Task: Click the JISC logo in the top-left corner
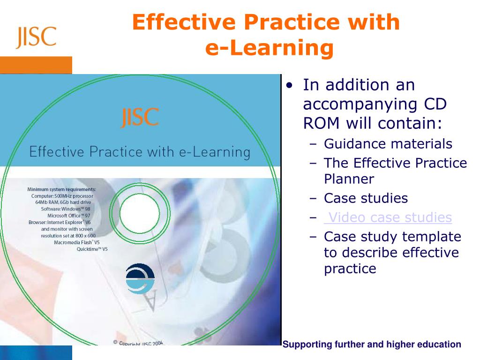coord(36,37)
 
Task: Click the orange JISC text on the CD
coord(140,118)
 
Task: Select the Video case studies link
coord(389,217)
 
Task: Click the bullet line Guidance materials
coord(388,144)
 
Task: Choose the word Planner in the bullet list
coord(349,179)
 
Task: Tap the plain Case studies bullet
coord(366,198)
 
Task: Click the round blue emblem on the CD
coord(140,278)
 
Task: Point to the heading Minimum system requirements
coord(61,189)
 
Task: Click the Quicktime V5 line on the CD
coord(92,249)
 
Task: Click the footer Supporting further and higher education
coord(372,345)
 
